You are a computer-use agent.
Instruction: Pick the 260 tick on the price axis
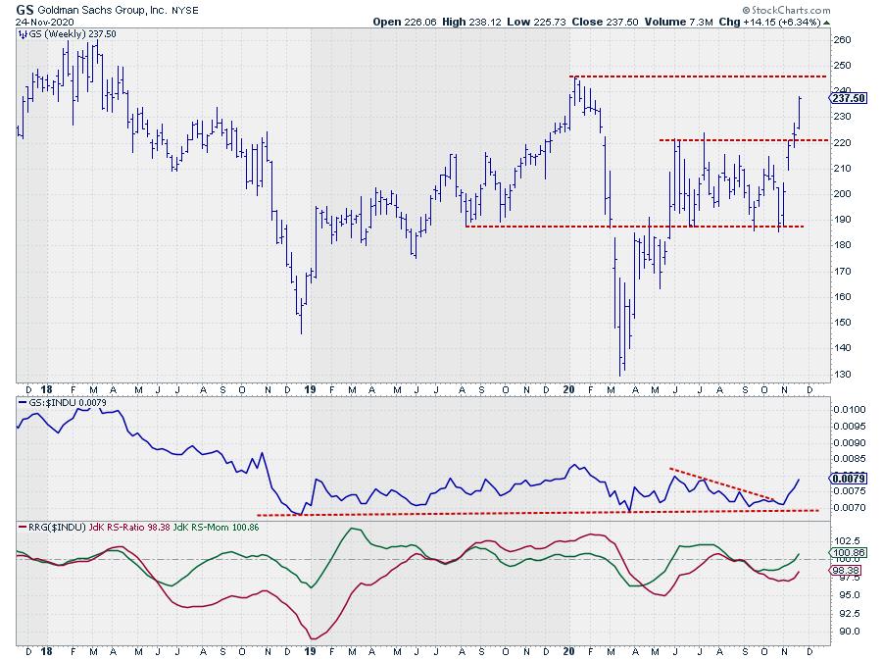[842, 40]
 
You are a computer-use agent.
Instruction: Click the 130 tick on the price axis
[842, 374]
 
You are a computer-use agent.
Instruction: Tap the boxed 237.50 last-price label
[848, 98]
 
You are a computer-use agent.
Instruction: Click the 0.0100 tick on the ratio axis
[849, 409]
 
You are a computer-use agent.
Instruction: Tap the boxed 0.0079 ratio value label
[849, 479]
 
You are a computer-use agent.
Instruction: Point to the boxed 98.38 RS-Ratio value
[847, 569]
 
